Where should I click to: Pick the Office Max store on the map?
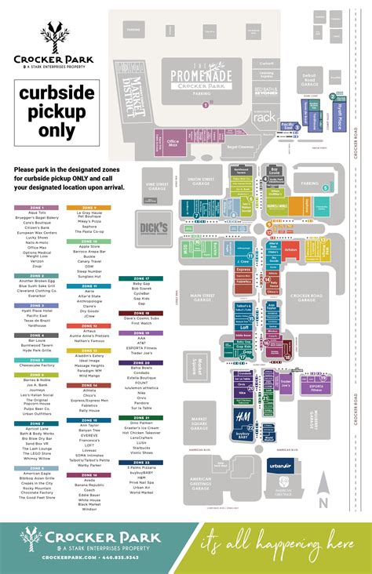coord(173,142)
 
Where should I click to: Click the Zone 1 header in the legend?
coord(31,207)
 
